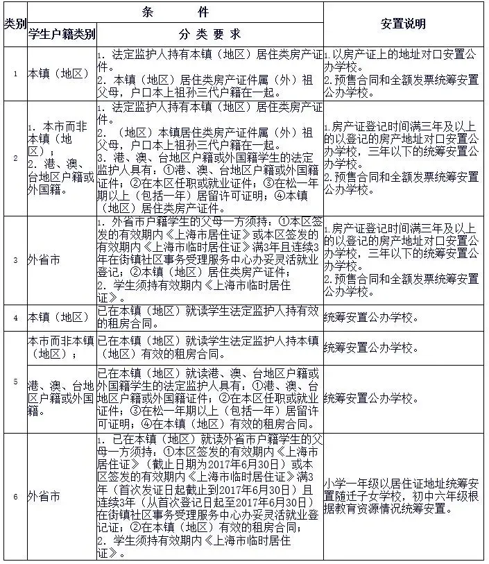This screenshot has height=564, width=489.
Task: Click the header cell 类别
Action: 15,24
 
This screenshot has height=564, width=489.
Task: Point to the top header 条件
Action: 175,12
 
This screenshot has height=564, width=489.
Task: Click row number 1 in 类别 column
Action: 15,74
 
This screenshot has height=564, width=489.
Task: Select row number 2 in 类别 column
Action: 15,157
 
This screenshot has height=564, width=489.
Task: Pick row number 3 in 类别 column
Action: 15,260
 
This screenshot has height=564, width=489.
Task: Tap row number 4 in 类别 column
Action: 15,318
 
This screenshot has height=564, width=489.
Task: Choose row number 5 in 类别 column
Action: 15,381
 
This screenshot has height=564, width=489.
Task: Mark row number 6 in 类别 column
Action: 15,496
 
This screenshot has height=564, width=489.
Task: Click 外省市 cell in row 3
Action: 43,260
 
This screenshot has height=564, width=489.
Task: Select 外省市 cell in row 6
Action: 43,496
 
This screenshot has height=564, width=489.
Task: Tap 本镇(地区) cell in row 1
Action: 58,74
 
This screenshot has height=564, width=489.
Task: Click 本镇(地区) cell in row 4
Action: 58,318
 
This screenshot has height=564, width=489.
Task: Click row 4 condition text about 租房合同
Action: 208,318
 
